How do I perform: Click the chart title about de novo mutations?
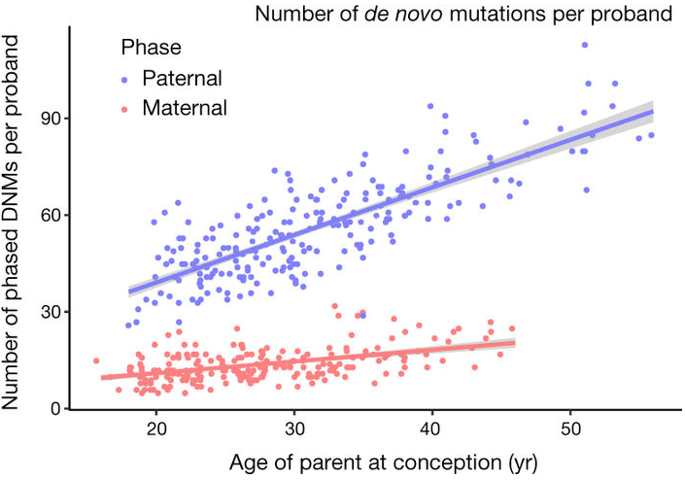[x=464, y=15]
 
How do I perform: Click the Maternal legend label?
[x=185, y=107]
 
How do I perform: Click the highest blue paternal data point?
[x=584, y=45]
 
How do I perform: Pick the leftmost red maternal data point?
[x=96, y=360]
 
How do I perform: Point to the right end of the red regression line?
[x=514, y=342]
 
